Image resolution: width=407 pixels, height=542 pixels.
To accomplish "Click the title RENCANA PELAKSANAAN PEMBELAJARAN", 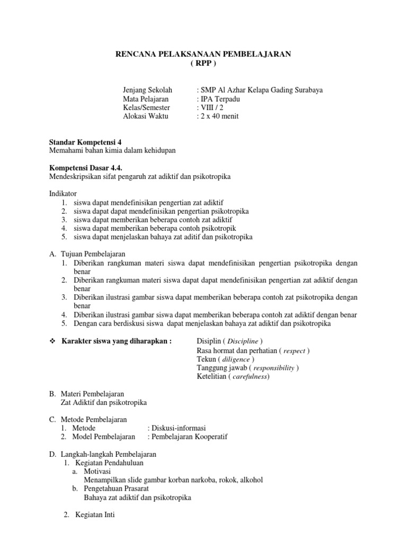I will tap(203, 54).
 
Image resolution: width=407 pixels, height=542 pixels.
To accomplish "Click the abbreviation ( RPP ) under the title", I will tap(203, 63).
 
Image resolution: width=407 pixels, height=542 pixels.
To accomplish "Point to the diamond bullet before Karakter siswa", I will tap(52, 341).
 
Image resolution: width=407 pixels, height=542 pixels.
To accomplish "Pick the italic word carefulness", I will tap(249, 376).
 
